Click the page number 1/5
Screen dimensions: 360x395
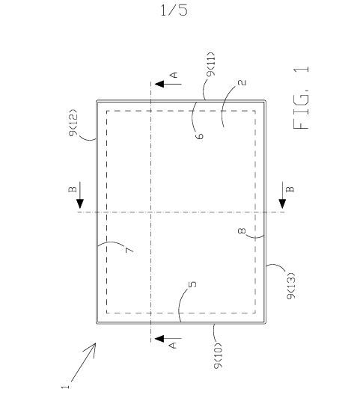click(174, 10)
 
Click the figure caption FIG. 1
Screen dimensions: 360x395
click(302, 97)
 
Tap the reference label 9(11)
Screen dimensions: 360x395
click(210, 64)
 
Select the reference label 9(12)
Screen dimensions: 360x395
click(73, 123)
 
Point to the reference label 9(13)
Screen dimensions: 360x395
click(291, 286)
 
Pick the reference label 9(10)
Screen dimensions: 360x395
click(218, 355)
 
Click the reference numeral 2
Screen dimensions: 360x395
click(242, 82)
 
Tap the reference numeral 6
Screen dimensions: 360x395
click(199, 136)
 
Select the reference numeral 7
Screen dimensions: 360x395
click(129, 251)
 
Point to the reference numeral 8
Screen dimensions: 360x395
click(242, 230)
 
